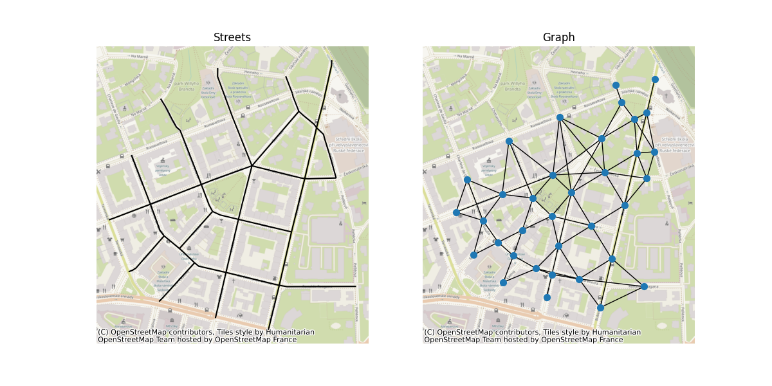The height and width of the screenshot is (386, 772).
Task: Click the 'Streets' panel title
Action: (x=232, y=38)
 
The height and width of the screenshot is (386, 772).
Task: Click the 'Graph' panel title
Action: (x=558, y=38)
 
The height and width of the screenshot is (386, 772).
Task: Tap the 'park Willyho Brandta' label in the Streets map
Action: (x=187, y=86)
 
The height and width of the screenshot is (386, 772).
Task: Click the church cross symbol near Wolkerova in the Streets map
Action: (x=339, y=96)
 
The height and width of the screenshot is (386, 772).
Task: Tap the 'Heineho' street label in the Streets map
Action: (x=252, y=72)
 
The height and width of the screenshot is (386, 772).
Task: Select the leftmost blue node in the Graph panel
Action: (x=456, y=212)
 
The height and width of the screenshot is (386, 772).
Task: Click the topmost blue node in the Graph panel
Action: (x=655, y=80)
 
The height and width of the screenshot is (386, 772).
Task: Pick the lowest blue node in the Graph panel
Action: (x=600, y=308)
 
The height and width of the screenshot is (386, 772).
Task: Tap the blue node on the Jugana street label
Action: (x=644, y=286)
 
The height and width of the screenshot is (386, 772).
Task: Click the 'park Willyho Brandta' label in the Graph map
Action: (x=513, y=86)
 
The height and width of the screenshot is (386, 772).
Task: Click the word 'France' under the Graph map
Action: (x=608, y=340)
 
